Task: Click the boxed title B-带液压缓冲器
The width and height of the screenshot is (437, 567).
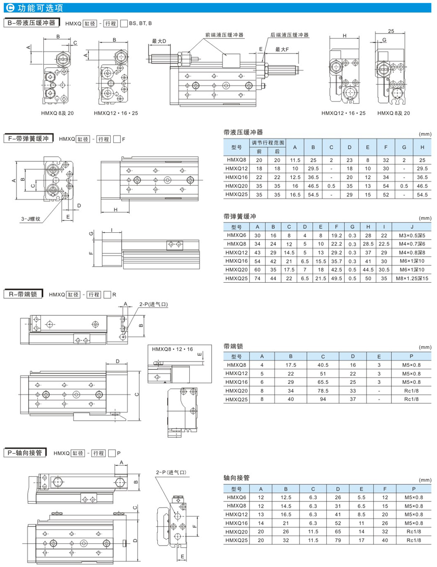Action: (31, 23)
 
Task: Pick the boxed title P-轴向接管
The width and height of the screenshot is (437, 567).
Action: (24, 452)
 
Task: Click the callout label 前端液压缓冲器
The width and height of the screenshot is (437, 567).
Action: (224, 35)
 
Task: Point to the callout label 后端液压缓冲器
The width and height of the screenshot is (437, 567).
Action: (289, 35)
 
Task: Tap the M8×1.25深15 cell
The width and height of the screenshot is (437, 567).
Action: (412, 278)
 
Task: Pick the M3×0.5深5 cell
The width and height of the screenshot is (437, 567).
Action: (412, 235)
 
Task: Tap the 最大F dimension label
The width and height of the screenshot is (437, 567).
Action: (282, 50)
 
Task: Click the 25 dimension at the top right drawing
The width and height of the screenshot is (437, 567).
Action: (390, 31)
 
